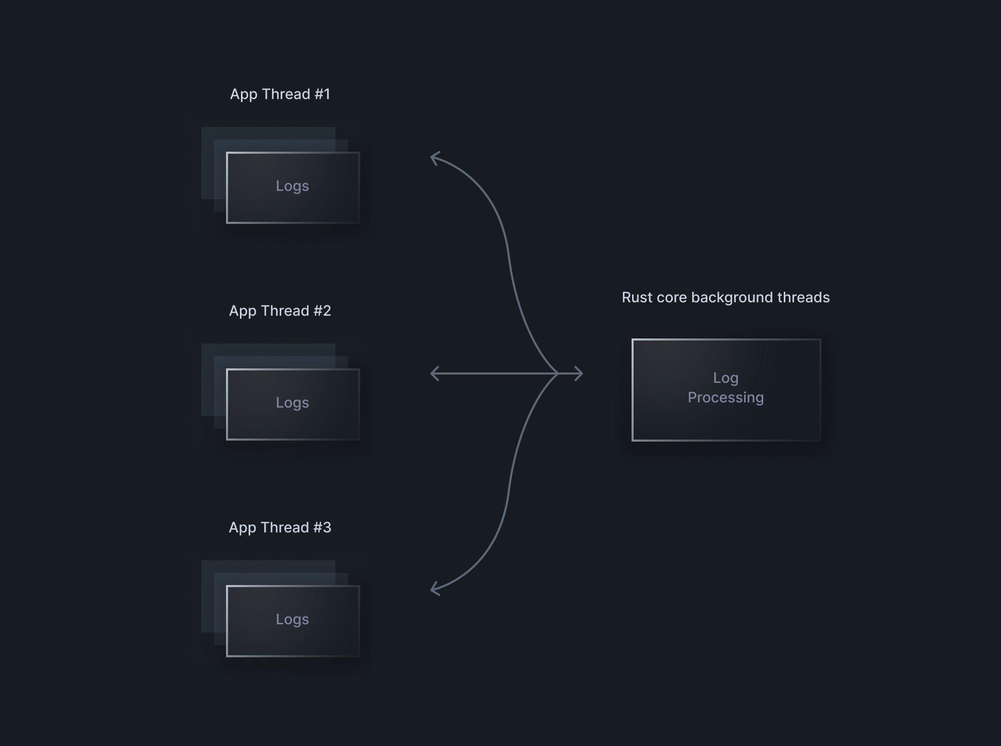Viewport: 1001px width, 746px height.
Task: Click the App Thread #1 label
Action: (280, 94)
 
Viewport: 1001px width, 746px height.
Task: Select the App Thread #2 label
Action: (280, 311)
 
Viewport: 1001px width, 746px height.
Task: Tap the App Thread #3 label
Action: (280, 528)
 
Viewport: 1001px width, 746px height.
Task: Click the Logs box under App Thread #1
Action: (293, 188)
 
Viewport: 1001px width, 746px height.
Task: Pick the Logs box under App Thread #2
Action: (293, 404)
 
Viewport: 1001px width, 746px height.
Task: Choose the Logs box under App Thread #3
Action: (293, 621)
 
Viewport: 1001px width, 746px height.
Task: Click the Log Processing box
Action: (726, 390)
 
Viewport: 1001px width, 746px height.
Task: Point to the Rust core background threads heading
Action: (725, 298)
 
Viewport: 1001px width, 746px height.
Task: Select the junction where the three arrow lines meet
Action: (558, 374)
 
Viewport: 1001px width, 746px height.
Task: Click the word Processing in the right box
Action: (725, 398)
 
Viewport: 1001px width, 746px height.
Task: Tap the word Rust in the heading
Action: (636, 298)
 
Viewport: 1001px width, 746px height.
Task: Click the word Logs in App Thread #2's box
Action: (293, 403)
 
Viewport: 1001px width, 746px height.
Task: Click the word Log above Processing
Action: (725, 378)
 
